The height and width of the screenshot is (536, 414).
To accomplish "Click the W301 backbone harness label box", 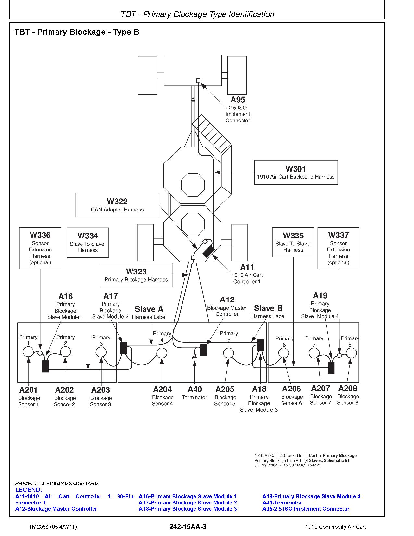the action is click(x=296, y=172).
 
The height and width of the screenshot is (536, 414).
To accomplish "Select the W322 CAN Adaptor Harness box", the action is click(x=117, y=205).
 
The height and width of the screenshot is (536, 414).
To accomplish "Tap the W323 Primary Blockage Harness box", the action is click(x=136, y=275).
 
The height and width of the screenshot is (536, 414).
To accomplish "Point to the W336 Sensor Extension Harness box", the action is click(x=40, y=248).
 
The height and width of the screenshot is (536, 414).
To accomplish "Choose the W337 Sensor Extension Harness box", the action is click(x=338, y=248).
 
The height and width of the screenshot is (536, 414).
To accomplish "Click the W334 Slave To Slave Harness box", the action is click(x=88, y=242).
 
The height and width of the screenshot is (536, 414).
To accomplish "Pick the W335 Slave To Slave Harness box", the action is click(x=293, y=242).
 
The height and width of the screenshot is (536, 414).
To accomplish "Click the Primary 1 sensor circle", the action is click(x=28, y=351).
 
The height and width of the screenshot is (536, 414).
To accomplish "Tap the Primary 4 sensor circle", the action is click(x=162, y=353).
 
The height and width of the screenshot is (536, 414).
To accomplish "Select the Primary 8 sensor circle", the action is click(x=351, y=353).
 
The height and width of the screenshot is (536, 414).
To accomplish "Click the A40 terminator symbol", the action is click(x=194, y=357).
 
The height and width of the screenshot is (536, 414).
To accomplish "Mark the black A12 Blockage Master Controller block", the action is click(x=203, y=350).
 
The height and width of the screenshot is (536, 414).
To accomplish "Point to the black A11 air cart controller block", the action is click(x=208, y=251).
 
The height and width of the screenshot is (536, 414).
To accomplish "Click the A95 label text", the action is click(x=238, y=100).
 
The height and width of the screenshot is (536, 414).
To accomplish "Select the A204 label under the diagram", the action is click(x=162, y=389).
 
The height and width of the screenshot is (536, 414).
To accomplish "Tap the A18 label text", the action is click(x=259, y=389).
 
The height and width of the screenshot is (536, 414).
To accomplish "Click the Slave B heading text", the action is click(x=268, y=308).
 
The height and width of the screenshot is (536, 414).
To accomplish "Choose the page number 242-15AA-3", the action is click(x=188, y=527).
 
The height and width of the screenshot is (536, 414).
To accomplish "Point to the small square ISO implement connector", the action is click(x=198, y=81).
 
